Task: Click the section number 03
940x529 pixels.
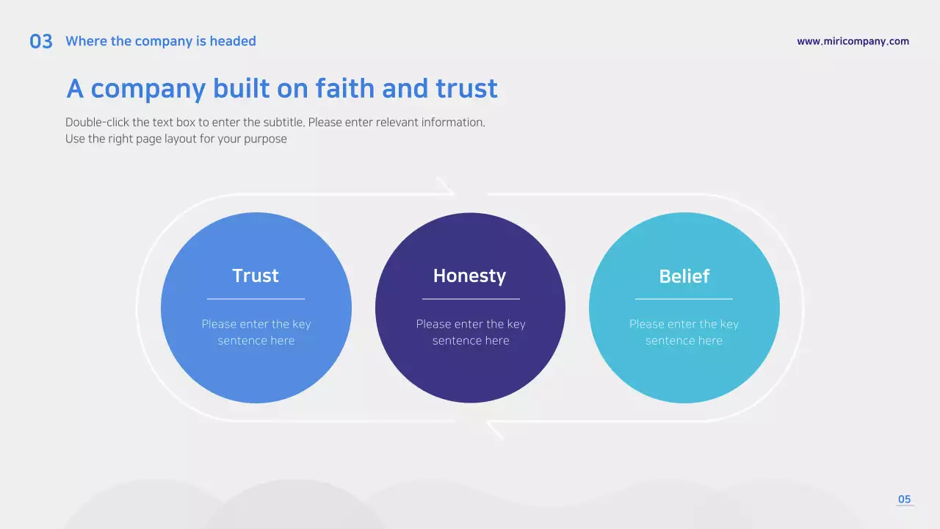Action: pyautogui.click(x=41, y=42)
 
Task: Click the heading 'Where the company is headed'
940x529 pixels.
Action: pyautogui.click(x=161, y=41)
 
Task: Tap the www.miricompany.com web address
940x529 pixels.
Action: pyautogui.click(x=853, y=41)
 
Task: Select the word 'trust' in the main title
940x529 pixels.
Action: pyautogui.click(x=466, y=89)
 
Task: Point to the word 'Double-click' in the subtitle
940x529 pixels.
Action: pyautogui.click(x=97, y=122)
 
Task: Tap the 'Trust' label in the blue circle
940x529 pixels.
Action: pyautogui.click(x=256, y=276)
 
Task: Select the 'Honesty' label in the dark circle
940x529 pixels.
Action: pyautogui.click(x=470, y=276)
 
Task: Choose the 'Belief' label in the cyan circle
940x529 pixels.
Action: pyautogui.click(x=684, y=276)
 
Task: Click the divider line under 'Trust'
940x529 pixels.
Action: pyautogui.click(x=256, y=299)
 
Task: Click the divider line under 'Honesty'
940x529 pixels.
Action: pyautogui.click(x=471, y=299)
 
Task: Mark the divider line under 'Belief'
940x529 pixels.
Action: pyautogui.click(x=684, y=299)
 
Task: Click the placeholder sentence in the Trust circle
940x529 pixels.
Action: pyautogui.click(x=256, y=332)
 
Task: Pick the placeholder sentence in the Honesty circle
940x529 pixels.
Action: pyautogui.click(x=471, y=332)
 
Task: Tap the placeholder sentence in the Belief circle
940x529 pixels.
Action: pyautogui.click(x=684, y=332)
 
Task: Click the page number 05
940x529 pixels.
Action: pyautogui.click(x=904, y=500)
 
